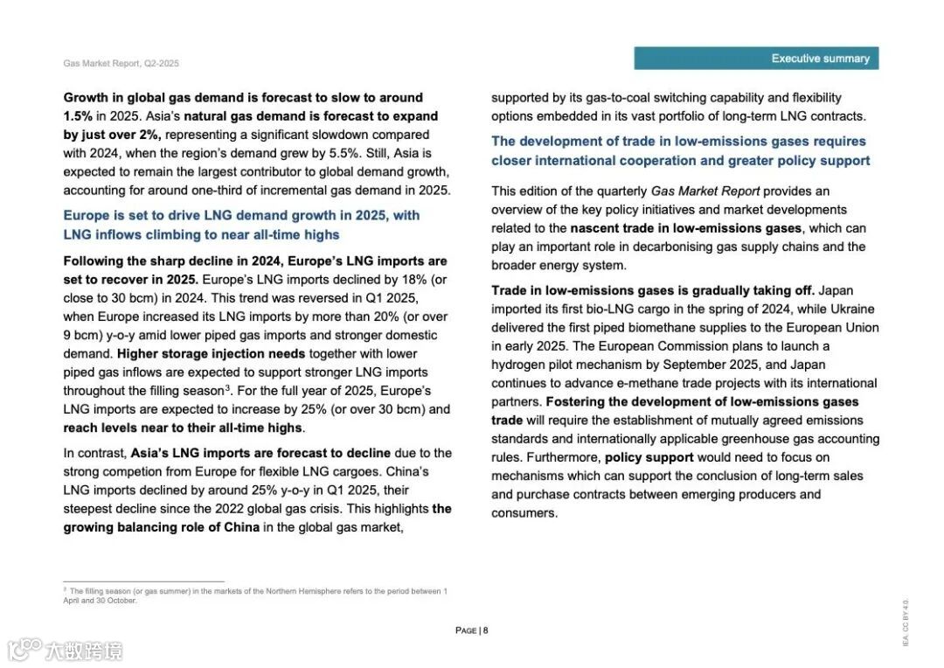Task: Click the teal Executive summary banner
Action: point(756,59)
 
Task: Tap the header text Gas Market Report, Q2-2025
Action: point(121,64)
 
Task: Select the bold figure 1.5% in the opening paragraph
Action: point(79,116)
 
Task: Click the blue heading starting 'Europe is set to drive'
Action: point(241,225)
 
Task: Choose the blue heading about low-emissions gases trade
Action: point(679,150)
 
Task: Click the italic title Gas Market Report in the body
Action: point(705,191)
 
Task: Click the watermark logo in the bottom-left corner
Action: point(65,650)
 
